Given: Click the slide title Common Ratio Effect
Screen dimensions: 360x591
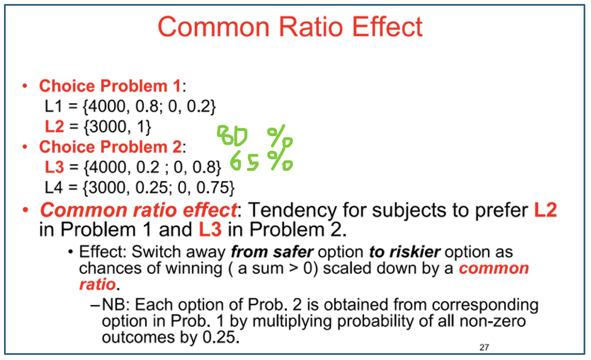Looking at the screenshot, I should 290,27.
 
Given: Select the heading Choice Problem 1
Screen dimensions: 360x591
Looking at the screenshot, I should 109,86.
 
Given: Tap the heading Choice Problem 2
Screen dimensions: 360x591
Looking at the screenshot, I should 109,147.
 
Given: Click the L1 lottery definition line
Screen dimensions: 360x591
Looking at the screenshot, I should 130,106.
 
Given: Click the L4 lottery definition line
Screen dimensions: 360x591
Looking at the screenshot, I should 139,187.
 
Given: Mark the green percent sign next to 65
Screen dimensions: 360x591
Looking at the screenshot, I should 280,161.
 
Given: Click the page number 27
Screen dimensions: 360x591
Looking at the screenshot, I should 484,346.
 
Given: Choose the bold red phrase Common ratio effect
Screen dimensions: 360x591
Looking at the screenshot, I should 138,210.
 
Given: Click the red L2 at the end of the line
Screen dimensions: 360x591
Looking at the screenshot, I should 545,210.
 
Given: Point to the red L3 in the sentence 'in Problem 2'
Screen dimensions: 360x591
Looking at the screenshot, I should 210,230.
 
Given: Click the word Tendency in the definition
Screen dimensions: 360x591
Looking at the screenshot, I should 292,210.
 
